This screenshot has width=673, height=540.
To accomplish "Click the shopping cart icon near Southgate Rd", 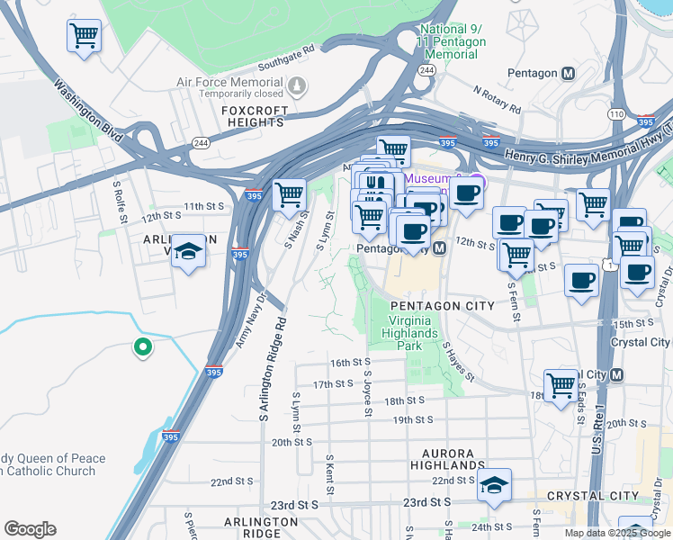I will coord(84,37).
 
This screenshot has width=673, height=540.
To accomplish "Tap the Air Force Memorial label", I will coord(229,82).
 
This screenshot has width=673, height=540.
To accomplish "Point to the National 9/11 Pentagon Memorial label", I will coord(452,42).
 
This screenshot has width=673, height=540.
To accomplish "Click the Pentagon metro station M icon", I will coord(568,73).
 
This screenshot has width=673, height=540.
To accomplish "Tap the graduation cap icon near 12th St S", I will coord(188,249).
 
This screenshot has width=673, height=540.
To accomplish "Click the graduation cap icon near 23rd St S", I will coord(494,484).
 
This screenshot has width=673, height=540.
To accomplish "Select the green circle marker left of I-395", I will coord(141,346).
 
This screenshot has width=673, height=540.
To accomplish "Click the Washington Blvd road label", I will coord(87,103).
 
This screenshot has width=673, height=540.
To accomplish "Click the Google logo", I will coord(30,529).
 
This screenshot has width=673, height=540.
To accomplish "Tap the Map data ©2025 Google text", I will coord(616,533).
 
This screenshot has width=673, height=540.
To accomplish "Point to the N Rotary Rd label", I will coord(497,99).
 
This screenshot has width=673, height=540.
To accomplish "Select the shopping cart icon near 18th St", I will coord(561,384).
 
